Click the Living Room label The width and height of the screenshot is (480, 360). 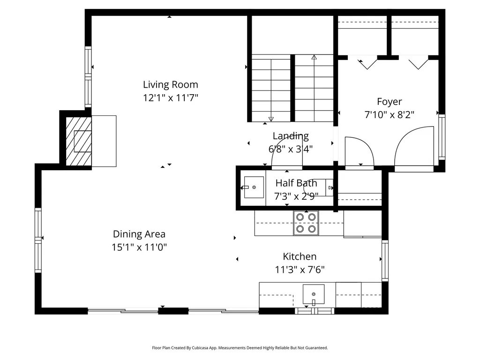[x=170, y=85]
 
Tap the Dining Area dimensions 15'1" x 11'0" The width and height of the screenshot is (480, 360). [x=139, y=247]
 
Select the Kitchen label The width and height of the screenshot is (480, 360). [x=299, y=256]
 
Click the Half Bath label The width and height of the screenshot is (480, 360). [x=296, y=183]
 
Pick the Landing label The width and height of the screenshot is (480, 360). [x=291, y=136]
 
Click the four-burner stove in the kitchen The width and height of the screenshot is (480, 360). [x=306, y=223]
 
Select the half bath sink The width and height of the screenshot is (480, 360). [x=254, y=187]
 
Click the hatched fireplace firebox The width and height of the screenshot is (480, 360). [x=79, y=141]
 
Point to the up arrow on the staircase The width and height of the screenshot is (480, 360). [x=314, y=58]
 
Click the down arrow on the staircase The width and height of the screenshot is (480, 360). [x=271, y=119]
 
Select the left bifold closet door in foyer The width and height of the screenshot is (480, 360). [x=368, y=62]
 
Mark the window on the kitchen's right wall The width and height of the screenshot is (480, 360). [x=385, y=260]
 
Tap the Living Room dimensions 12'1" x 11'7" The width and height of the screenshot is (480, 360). [x=170, y=98]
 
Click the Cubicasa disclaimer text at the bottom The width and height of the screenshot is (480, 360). [x=240, y=348]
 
